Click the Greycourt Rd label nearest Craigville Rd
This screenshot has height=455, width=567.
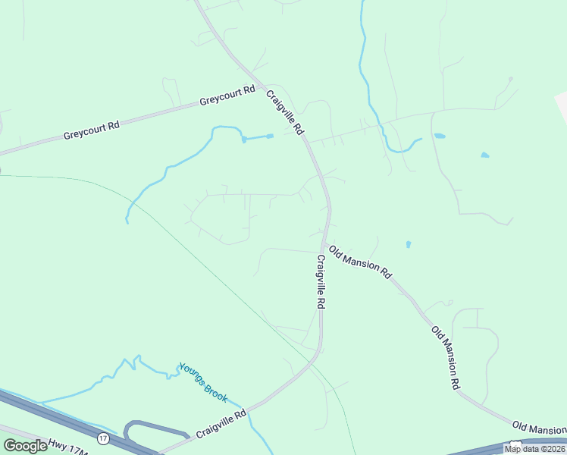[x=227, y=96]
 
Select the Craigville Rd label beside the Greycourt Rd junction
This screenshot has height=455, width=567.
[x=285, y=113]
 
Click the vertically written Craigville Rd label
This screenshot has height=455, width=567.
[x=321, y=281]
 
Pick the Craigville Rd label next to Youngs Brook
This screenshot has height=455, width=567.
[x=221, y=424]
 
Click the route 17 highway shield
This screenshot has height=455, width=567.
[x=103, y=438]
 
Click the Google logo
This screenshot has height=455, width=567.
[x=25, y=446]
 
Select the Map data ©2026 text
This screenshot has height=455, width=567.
[x=534, y=449]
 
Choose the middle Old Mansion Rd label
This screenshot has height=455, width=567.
[x=446, y=357]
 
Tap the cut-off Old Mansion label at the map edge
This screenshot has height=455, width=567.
[x=539, y=428]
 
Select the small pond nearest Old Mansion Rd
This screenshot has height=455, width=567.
[x=408, y=245]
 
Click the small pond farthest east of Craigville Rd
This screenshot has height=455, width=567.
[x=484, y=155]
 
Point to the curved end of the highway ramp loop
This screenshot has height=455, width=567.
[x=127, y=431]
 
